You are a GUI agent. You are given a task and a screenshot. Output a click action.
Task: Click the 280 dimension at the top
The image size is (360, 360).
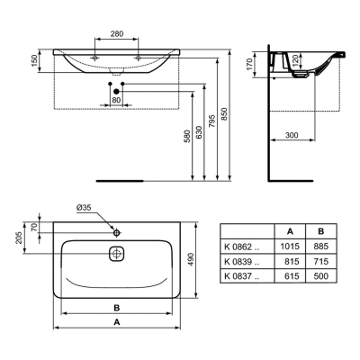click(116, 34)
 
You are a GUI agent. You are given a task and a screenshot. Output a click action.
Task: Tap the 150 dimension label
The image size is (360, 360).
click(35, 61)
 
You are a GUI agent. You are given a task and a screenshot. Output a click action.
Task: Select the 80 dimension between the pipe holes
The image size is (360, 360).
click(116, 100)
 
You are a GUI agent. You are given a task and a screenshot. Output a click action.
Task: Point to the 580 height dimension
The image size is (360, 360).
click(187, 136)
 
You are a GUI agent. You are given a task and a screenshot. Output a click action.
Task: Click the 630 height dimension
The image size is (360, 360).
click(199, 132)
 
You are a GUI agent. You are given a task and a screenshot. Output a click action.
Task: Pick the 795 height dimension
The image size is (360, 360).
click(211, 121)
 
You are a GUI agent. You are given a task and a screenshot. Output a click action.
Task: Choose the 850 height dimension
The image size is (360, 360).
click(225, 114)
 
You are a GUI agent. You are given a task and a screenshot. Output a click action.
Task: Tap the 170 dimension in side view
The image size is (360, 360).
click(250, 65)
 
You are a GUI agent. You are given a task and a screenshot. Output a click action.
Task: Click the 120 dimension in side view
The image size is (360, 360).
click(295, 61)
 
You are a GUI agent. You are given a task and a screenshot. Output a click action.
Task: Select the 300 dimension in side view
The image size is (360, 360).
click(292, 135)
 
